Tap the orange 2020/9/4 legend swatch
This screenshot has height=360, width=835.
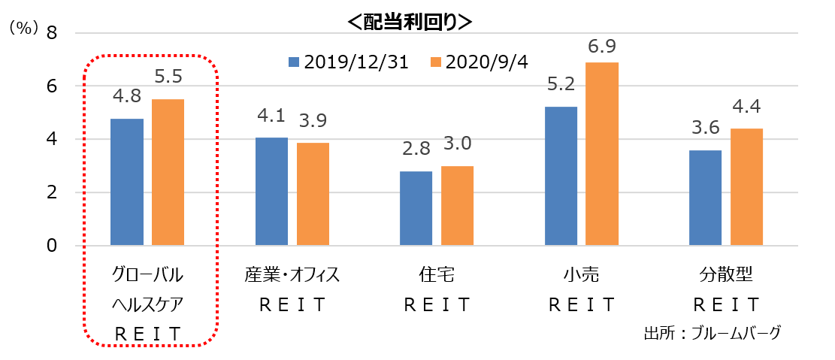pyautogui.click(x=434, y=62)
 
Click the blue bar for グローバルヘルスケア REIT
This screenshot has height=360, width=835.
pyautogui.click(x=127, y=182)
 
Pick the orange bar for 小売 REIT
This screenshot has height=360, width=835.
pyautogui.click(x=602, y=154)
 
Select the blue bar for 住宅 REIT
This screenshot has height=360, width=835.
pyautogui.click(x=416, y=208)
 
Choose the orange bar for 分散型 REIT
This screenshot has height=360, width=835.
pyautogui.click(x=746, y=187)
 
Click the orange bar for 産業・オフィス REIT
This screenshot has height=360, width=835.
pyautogui.click(x=313, y=194)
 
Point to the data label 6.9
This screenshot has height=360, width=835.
pyautogui.click(x=602, y=47)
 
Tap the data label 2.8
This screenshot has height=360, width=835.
pyautogui.click(x=416, y=149)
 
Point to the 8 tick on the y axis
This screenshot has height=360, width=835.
pyautogui.click(x=52, y=32)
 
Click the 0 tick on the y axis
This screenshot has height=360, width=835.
pyautogui.click(x=52, y=246)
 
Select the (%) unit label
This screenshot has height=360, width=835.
pyautogui.click(x=23, y=28)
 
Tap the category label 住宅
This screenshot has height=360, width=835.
pyautogui.click(x=437, y=275)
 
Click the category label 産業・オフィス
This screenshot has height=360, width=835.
pyautogui.click(x=292, y=275)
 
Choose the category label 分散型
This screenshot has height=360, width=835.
pyautogui.click(x=727, y=275)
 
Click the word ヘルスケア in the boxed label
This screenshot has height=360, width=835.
pyautogui.click(x=147, y=304)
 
